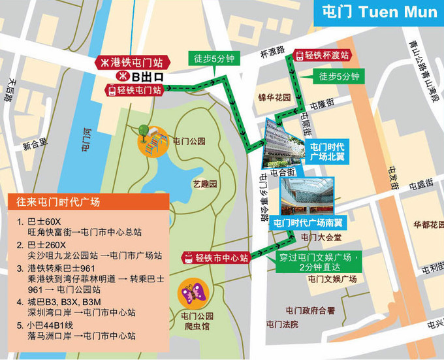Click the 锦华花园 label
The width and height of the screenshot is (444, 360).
pyautogui.click(x=274, y=99)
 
